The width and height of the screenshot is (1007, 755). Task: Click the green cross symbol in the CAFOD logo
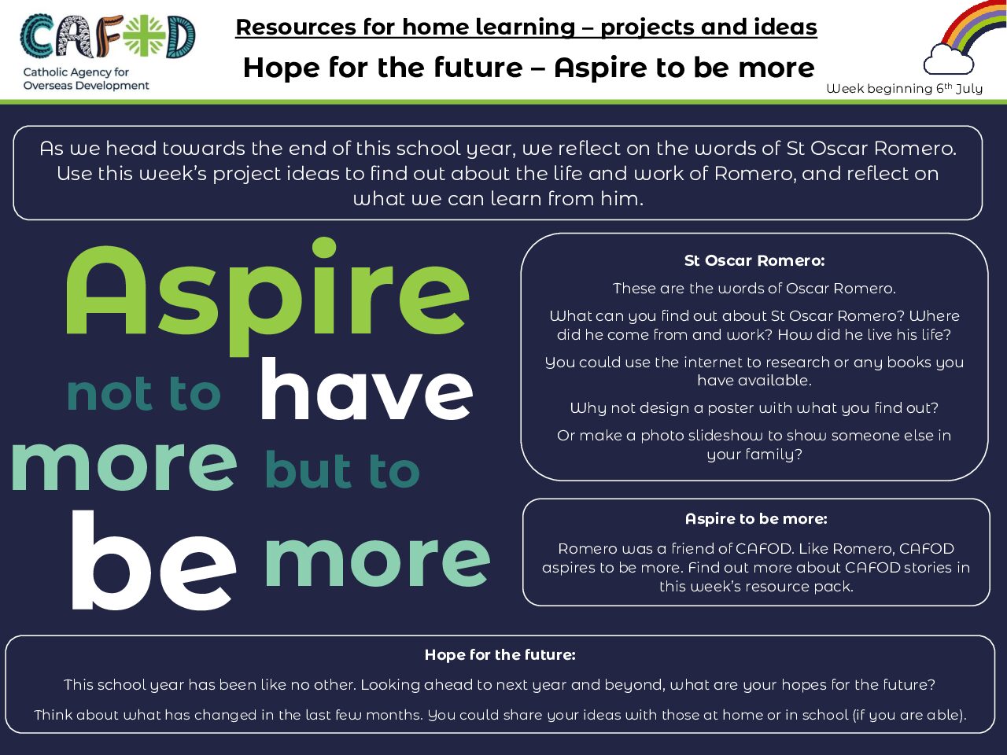[x=145, y=37]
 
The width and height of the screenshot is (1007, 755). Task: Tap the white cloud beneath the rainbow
[x=948, y=60]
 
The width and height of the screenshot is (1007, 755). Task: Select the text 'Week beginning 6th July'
[x=904, y=88]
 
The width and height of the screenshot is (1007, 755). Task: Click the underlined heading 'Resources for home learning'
[x=405, y=27]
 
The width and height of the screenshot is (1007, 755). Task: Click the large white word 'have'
[x=367, y=389]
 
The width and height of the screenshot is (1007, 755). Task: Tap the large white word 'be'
[x=153, y=560]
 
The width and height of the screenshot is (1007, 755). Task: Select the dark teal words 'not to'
[x=144, y=393]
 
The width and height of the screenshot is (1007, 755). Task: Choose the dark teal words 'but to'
[x=343, y=470]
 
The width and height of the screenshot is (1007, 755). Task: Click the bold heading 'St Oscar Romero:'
[x=754, y=261]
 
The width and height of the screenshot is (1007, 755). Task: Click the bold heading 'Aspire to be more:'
[x=756, y=519]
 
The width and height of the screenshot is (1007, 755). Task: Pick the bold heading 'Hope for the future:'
[x=500, y=654]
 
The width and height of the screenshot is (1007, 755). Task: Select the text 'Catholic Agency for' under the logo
[x=76, y=72]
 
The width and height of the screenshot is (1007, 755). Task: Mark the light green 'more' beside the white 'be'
[x=377, y=561]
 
